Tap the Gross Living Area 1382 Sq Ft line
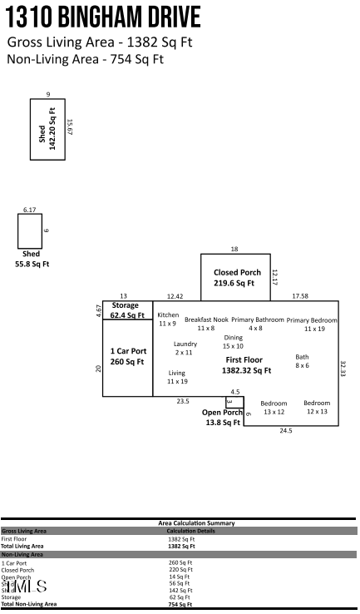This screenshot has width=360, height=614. (100, 42)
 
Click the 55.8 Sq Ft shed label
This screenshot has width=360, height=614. (32, 259)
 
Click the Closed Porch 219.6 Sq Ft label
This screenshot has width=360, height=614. (237, 278)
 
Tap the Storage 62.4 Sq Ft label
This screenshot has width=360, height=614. (126, 310)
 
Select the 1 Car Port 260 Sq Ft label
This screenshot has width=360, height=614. (128, 356)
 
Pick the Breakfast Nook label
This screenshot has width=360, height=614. (206, 324)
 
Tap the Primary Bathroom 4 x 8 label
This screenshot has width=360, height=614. (257, 324)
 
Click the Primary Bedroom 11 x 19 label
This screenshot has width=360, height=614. (313, 324)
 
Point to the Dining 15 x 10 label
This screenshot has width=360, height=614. (233, 341)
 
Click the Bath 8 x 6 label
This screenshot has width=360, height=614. (302, 361)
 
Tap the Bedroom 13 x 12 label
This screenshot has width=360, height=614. (274, 408)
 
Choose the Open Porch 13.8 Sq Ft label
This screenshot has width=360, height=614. (222, 418)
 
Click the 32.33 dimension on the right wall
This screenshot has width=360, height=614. (343, 369)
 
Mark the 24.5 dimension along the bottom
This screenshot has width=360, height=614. (285, 431)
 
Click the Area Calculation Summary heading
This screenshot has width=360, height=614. (196, 522)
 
